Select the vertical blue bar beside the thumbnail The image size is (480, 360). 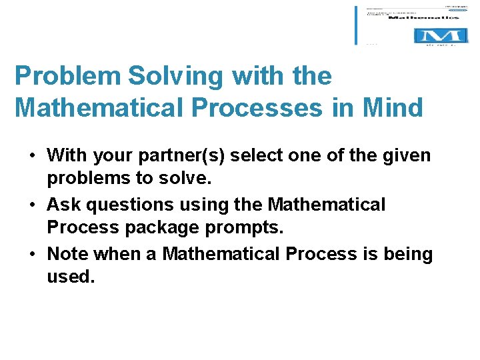[357, 25]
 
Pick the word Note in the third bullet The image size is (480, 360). [68, 255]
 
